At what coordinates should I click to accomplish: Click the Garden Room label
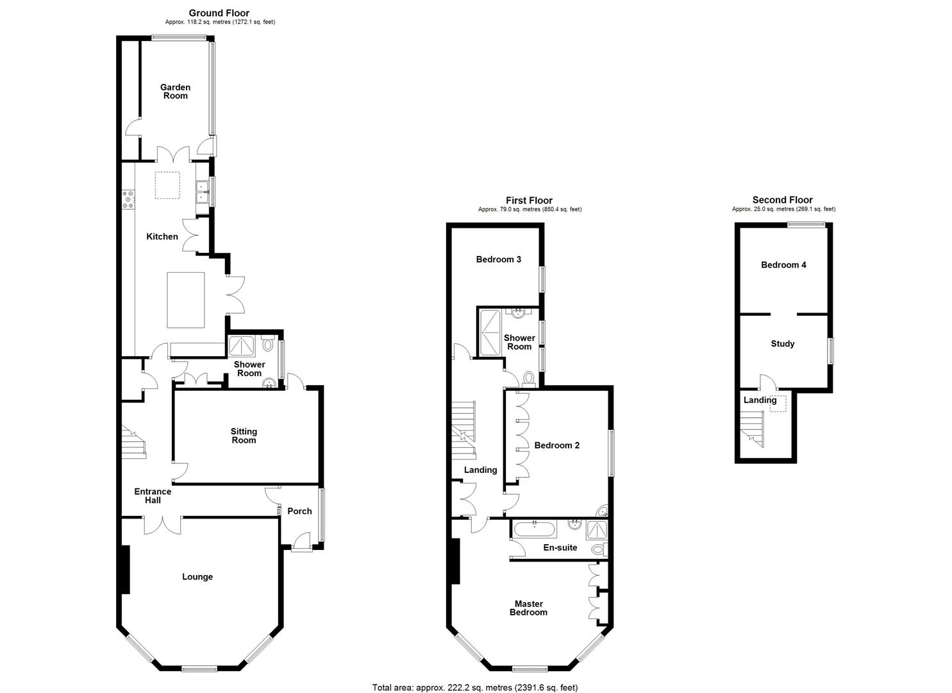tap(175, 91)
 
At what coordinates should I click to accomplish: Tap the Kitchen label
tap(162, 237)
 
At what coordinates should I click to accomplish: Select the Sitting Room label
tap(244, 436)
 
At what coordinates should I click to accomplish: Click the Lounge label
tap(197, 577)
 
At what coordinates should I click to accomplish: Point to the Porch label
tap(299, 511)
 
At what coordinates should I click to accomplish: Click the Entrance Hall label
tap(153, 496)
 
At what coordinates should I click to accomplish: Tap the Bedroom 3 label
tap(498, 259)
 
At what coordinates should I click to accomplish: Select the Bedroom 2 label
tap(556, 445)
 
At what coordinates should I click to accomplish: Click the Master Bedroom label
tap(528, 608)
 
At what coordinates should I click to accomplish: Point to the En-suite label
tap(560, 548)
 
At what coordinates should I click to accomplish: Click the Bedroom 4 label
tap(783, 265)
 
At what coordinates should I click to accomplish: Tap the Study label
tap(782, 344)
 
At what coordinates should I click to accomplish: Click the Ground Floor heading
tap(219, 13)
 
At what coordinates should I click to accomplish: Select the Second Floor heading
tap(782, 200)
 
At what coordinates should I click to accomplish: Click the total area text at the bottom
tap(475, 687)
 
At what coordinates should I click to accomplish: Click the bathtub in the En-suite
tap(533, 529)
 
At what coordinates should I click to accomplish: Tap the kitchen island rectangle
tap(186, 300)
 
